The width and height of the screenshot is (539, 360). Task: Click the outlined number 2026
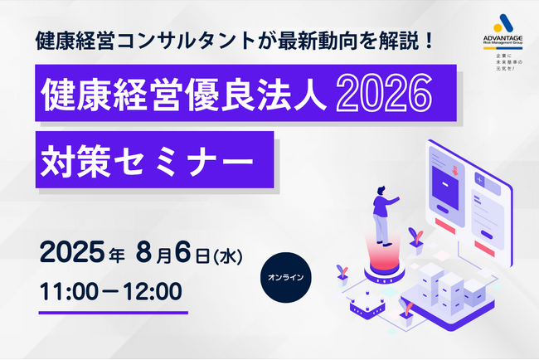click(384, 93)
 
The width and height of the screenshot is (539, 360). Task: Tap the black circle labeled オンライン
click(285, 278)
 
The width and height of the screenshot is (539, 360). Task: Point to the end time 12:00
click(153, 292)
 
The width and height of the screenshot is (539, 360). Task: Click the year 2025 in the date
click(72, 251)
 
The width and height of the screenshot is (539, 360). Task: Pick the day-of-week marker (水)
click(228, 255)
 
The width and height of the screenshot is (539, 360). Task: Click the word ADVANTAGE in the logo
click(503, 38)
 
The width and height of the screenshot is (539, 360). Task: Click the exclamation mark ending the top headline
click(428, 41)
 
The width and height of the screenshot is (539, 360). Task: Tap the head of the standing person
click(381, 191)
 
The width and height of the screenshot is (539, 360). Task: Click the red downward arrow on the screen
click(454, 170)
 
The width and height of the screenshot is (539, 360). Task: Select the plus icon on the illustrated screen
click(480, 180)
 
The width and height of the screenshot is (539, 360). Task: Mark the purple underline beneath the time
click(114, 313)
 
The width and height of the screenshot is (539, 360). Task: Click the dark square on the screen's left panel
click(445, 188)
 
